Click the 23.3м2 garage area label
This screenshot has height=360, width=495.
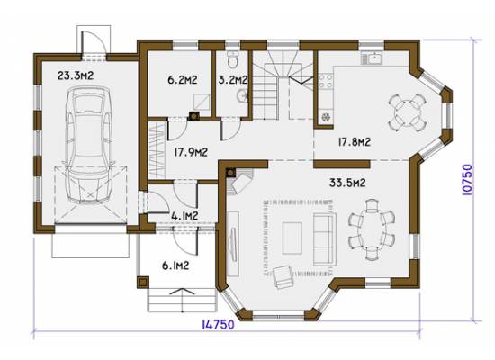point(76,76)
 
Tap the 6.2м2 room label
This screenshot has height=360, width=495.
point(183,79)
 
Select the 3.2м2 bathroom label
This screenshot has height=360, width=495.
point(233,80)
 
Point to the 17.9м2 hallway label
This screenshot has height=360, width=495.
point(191,152)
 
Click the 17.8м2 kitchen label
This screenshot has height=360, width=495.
point(355,142)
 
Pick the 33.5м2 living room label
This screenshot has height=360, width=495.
point(347,183)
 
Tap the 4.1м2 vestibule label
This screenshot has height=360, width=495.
point(184,216)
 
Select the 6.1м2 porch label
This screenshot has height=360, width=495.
point(175,265)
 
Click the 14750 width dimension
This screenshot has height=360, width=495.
point(218,324)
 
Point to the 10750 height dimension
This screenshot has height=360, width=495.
point(467,180)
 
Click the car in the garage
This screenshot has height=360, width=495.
point(89,145)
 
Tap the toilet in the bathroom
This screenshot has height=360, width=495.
point(233,59)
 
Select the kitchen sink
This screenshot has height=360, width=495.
point(373,58)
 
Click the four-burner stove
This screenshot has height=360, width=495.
point(326,81)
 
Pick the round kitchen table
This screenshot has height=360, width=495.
point(408,112)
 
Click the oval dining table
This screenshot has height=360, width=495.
point(372,229)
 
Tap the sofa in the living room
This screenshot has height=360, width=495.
point(324,238)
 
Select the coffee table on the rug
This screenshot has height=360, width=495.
point(292,238)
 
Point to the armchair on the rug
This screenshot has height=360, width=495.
point(283,277)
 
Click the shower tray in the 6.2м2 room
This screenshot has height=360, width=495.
point(202,102)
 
